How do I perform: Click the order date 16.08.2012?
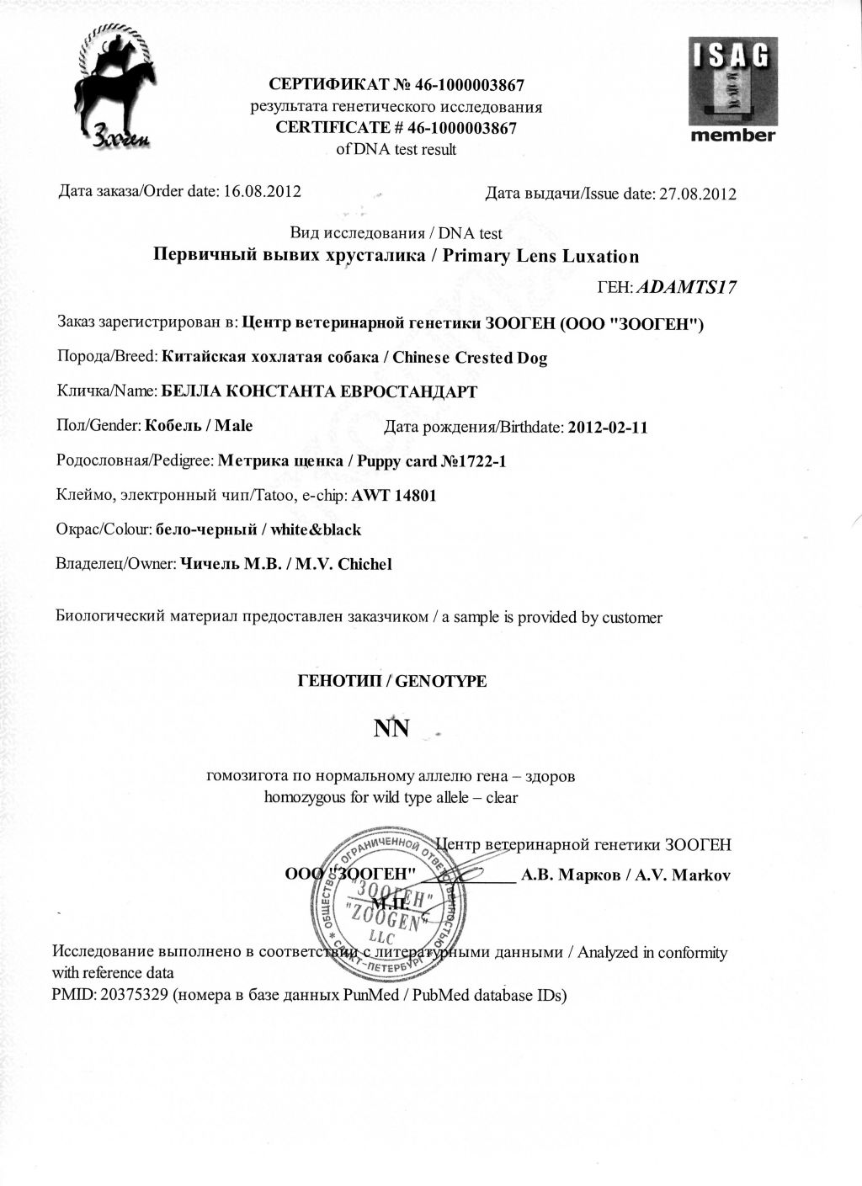[x=260, y=190]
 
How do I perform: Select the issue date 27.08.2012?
[x=697, y=194]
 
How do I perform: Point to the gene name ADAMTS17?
[x=688, y=287]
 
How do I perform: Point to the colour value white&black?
[x=319, y=529]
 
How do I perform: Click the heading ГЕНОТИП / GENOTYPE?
[x=391, y=681]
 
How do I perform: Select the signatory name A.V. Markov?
[x=683, y=875]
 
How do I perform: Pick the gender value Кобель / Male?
[x=199, y=426]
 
